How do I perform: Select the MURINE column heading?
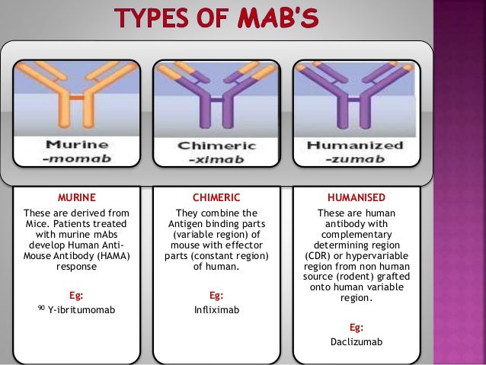pyautogui.click(x=77, y=197)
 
